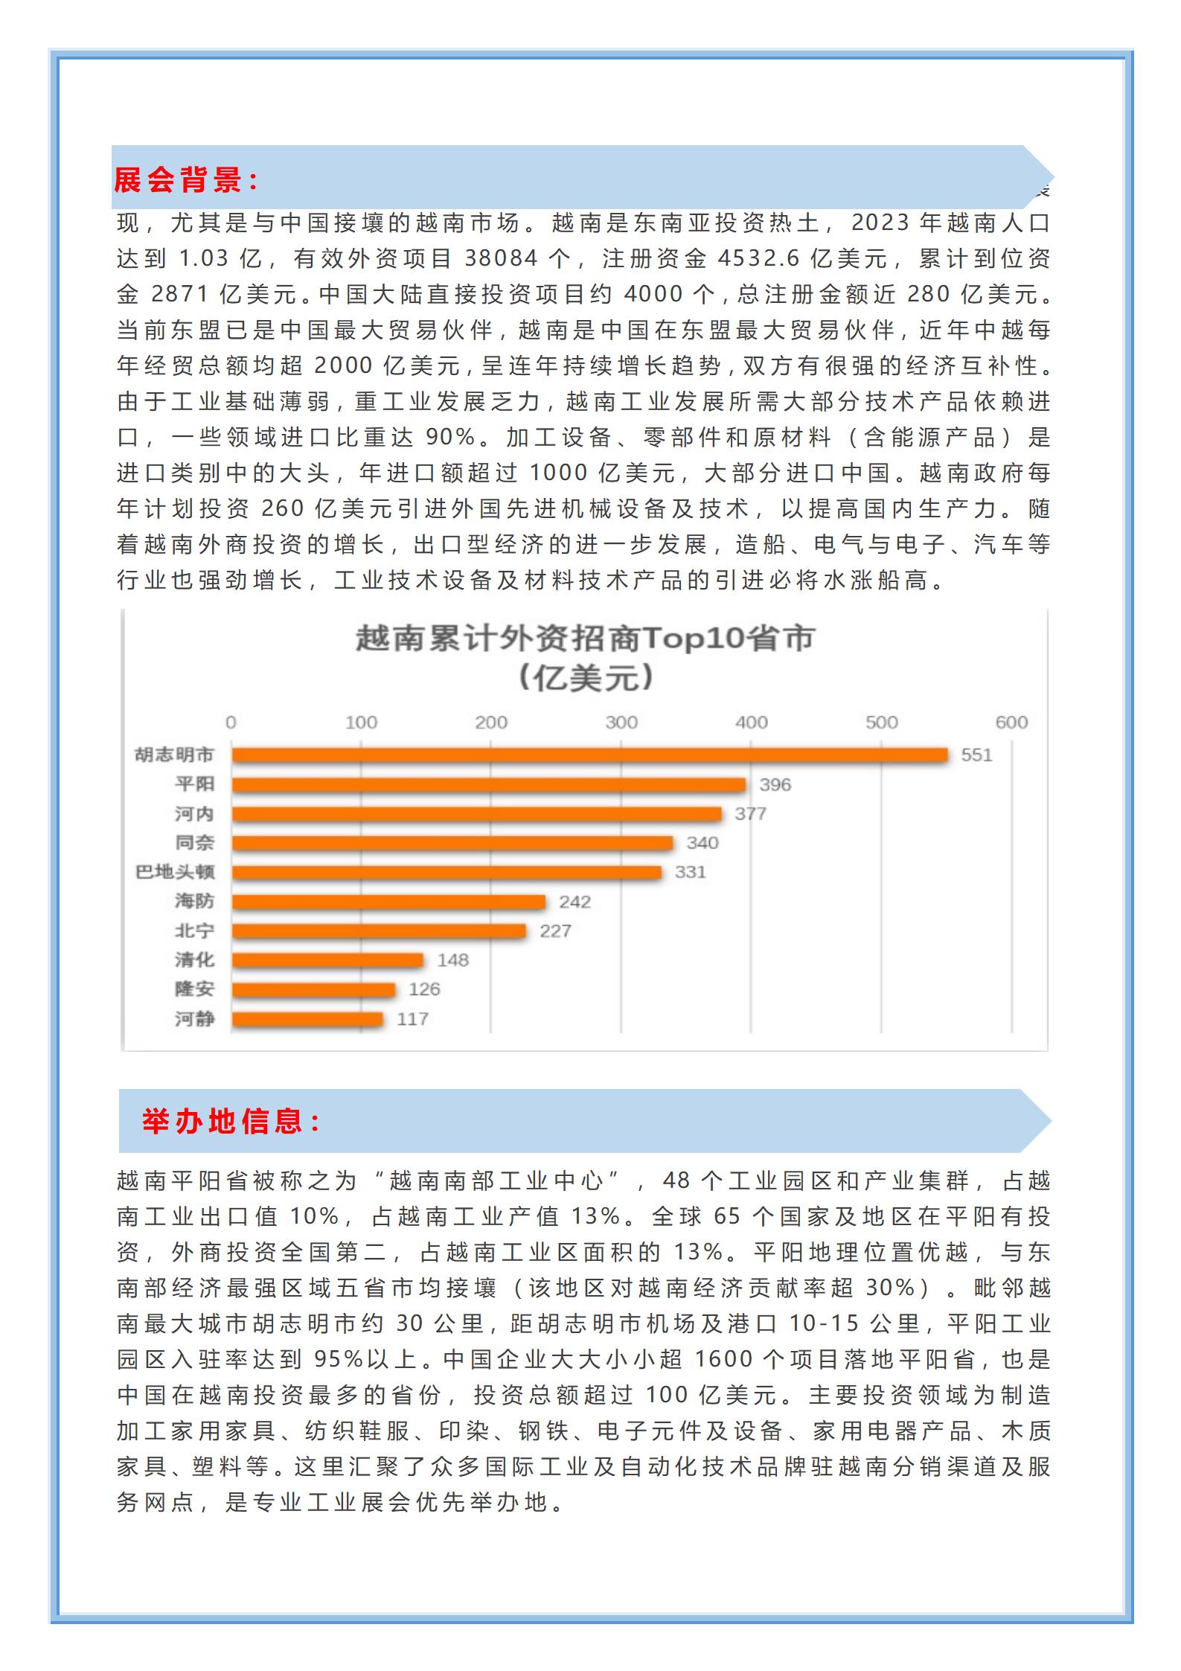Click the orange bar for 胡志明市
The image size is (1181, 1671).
pyautogui.click(x=589, y=755)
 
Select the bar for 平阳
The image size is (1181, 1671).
pyautogui.click(x=488, y=785)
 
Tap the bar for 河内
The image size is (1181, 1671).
pyautogui.click(x=476, y=814)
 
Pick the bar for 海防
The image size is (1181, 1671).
pyautogui.click(x=388, y=901)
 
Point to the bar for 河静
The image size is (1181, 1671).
pyautogui.click(x=307, y=1019)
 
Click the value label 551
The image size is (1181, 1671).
pyautogui.click(x=976, y=755)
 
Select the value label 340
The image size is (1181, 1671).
pyautogui.click(x=702, y=843)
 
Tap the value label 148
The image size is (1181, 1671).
pyautogui.click(x=452, y=960)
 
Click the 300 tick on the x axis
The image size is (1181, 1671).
pyautogui.click(x=621, y=722)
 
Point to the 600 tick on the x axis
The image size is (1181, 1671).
pyautogui.click(x=1011, y=722)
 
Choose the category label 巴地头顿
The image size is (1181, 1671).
pyautogui.click(x=175, y=872)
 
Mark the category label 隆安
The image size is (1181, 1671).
pyautogui.click(x=194, y=989)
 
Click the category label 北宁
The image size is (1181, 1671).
pyautogui.click(x=194, y=930)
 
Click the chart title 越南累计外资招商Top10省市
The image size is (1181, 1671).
pyautogui.click(x=585, y=639)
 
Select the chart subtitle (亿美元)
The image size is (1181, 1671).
pyautogui.click(x=585, y=677)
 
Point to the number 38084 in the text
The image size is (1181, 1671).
pyautogui.click(x=502, y=258)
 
